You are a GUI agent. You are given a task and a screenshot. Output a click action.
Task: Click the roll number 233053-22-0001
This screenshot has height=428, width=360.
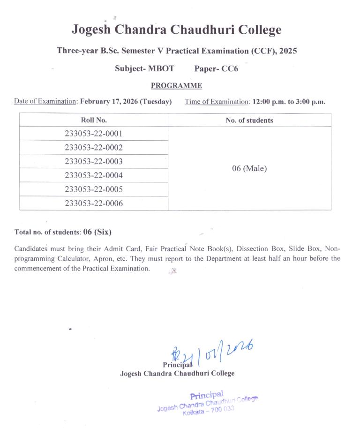pyautogui.click(x=94, y=134)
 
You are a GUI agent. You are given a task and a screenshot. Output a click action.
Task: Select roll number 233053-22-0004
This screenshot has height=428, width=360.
pyautogui.click(x=94, y=175)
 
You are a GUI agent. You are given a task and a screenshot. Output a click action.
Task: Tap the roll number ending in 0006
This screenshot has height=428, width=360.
pyautogui.click(x=94, y=203)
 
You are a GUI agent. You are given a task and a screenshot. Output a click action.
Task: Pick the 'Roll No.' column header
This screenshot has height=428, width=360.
pyautogui.click(x=94, y=120)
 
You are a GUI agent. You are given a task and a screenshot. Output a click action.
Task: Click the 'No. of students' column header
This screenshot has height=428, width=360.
pyautogui.click(x=249, y=120)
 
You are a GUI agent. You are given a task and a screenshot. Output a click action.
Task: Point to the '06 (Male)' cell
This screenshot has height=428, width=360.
pyautogui.click(x=249, y=168)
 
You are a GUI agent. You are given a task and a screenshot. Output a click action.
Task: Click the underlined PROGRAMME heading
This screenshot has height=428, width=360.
pyautogui.click(x=176, y=86)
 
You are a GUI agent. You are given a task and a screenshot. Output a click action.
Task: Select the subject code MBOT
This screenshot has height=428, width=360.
pyautogui.click(x=161, y=68)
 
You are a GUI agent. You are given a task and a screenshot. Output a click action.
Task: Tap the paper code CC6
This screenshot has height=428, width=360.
pyautogui.click(x=229, y=68)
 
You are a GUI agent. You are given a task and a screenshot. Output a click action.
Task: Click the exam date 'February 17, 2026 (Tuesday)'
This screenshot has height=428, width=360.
pyautogui.click(x=126, y=101)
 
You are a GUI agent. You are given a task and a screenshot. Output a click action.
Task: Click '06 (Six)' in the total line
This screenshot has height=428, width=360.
pyautogui.click(x=97, y=232)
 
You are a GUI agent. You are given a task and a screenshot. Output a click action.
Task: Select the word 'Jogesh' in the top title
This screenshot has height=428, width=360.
pyautogui.click(x=92, y=30)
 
